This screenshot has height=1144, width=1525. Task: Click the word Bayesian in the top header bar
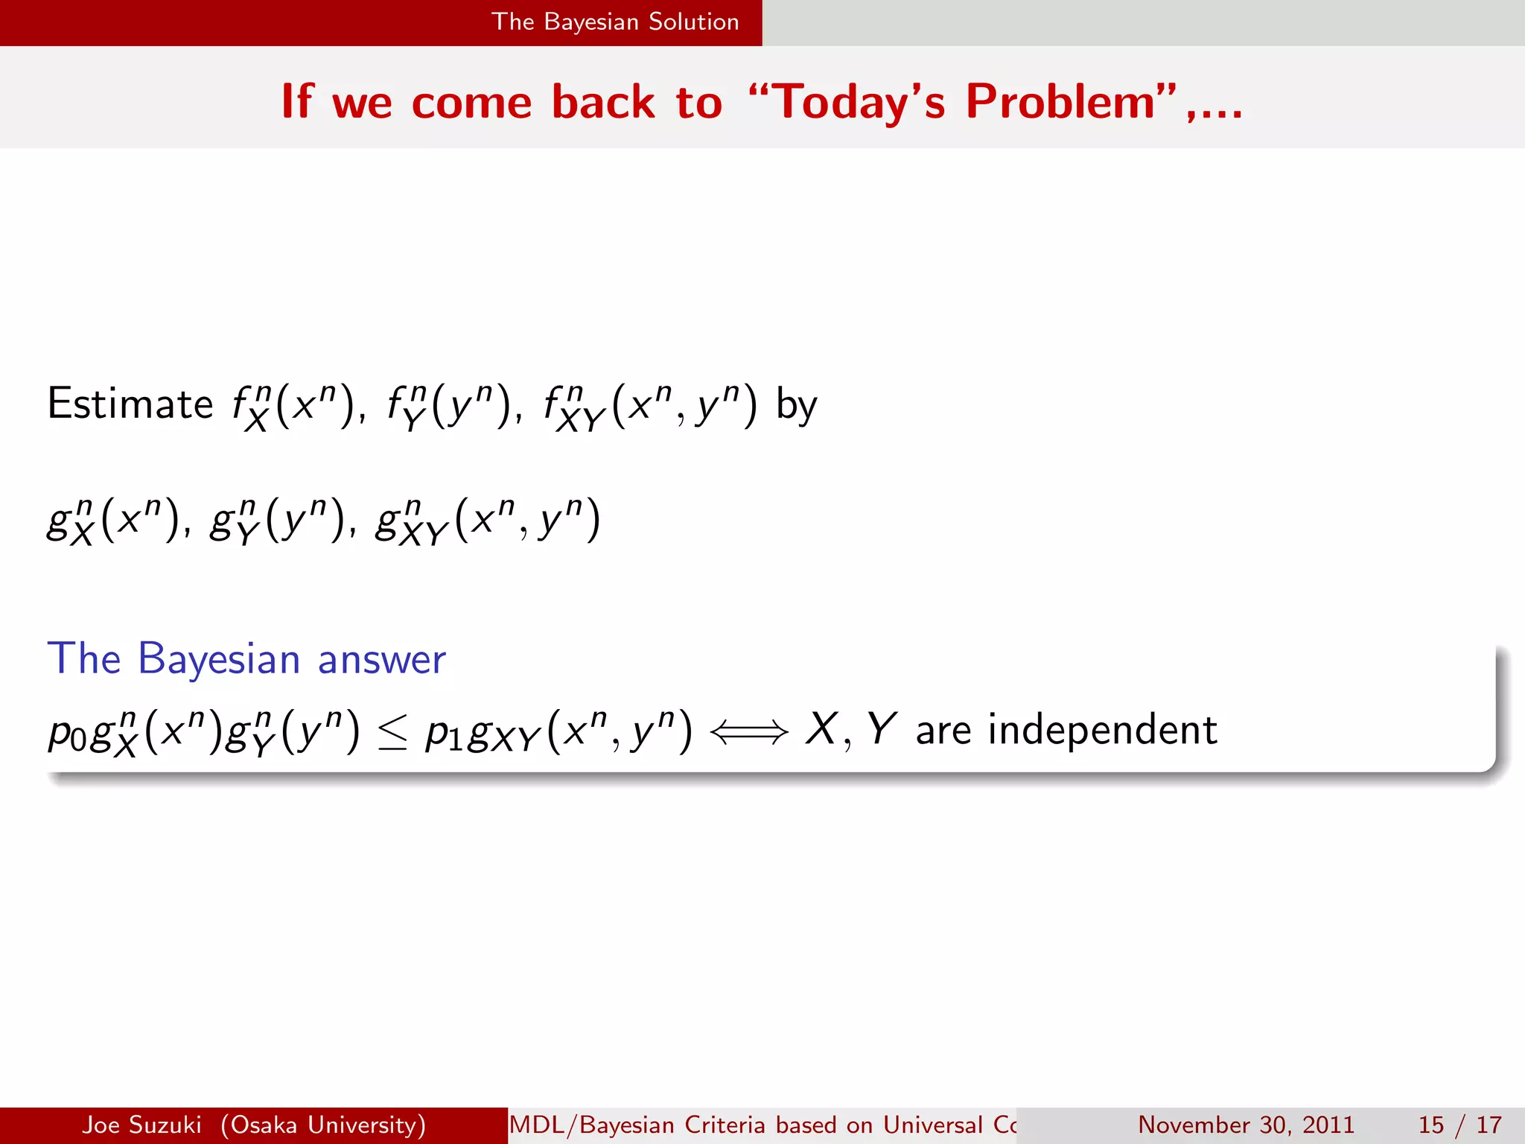(591, 22)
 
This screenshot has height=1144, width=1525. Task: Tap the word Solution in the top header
(693, 22)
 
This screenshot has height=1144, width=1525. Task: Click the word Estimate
(130, 404)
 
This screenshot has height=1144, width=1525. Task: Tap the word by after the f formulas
(796, 406)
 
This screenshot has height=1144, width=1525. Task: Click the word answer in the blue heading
(381, 659)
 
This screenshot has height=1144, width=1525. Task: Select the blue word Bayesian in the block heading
(219, 659)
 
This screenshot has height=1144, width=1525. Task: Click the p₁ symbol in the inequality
(445, 733)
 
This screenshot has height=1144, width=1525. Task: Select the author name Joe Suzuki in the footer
(141, 1125)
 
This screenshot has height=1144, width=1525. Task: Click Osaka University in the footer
(323, 1125)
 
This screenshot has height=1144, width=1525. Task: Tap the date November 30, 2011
(1246, 1125)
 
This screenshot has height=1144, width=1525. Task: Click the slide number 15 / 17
(1459, 1125)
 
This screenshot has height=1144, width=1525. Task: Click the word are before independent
(943, 730)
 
